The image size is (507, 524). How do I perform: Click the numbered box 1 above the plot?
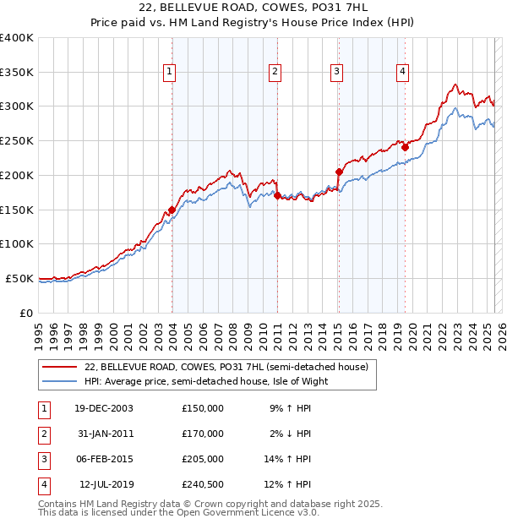pos(171,72)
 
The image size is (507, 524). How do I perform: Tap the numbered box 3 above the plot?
pos(336,72)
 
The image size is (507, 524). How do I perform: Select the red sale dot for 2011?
pos(277,195)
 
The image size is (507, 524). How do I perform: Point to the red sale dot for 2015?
pos(339,172)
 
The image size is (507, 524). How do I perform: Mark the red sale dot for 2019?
pos(405,147)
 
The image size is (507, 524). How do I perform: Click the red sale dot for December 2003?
pos(172,210)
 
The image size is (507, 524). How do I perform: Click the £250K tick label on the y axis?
pos(17,140)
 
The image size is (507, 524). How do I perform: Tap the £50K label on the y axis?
pos(19,278)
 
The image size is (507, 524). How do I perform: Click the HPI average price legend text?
pos(205,381)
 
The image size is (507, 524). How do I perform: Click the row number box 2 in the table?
pos(41,434)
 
